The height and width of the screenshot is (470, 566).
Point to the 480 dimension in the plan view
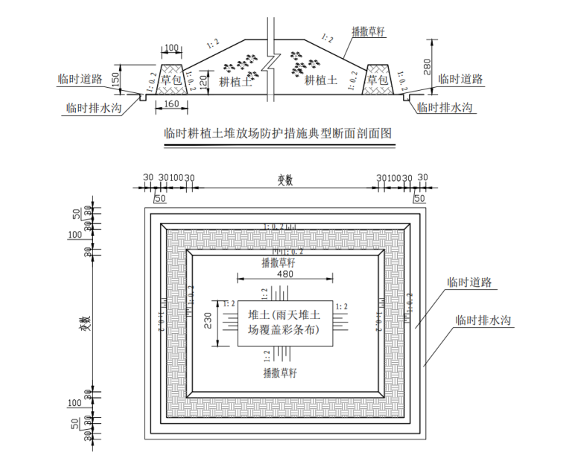[285, 274]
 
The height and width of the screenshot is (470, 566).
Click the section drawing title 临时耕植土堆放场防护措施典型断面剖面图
[277, 134]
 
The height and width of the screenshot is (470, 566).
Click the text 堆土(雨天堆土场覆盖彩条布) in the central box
[285, 323]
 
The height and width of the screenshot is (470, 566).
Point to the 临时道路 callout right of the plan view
[468, 282]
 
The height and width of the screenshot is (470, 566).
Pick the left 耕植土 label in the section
[236, 80]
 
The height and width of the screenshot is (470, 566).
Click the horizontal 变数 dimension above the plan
[286, 180]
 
